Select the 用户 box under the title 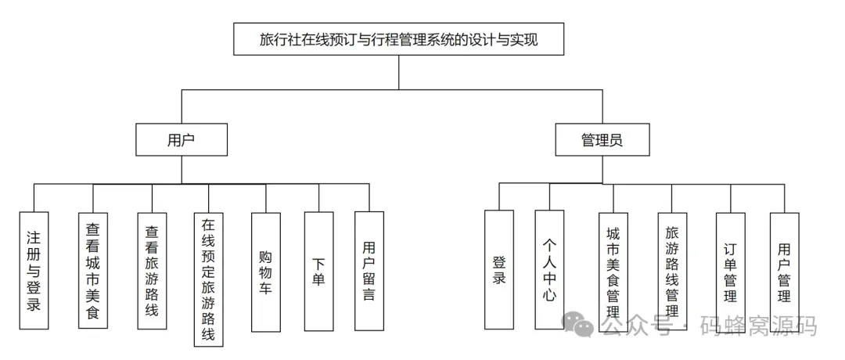tap(181, 141)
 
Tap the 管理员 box tap(602, 141)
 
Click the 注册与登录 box tap(34, 270)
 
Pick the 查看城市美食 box tap(92, 270)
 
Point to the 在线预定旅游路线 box tap(208, 279)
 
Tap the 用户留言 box tap(369, 270)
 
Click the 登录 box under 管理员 tap(499, 269)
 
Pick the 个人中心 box tap(549, 269)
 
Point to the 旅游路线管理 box tap(672, 270)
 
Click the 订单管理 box tap(730, 270)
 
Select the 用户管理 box tap(784, 270)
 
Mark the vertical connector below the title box tap(398, 73)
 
